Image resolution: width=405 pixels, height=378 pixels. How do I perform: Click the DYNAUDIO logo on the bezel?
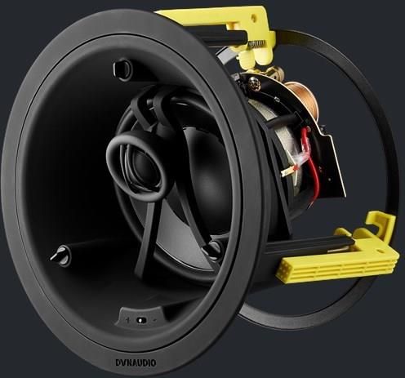136,362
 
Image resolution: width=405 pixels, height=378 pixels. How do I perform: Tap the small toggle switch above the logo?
141,320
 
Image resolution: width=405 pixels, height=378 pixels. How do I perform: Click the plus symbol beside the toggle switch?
127,320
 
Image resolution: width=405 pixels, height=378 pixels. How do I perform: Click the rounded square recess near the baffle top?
122,69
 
